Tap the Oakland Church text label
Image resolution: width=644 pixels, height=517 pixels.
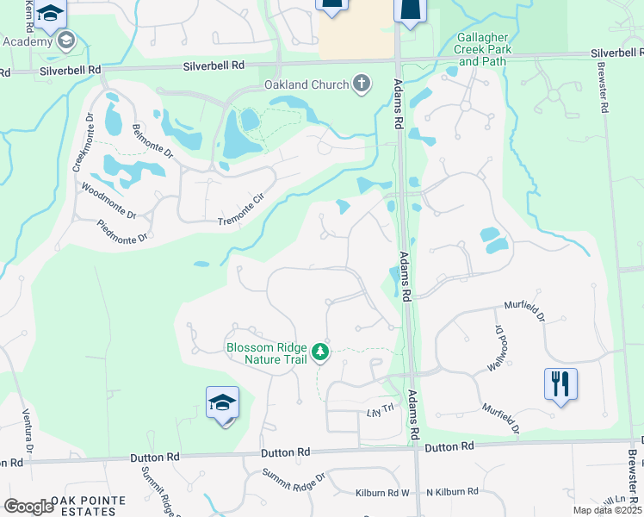(x=306, y=84)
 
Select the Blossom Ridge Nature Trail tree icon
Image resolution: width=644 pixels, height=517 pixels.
(x=320, y=352)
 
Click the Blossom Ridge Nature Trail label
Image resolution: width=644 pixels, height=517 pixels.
(x=267, y=353)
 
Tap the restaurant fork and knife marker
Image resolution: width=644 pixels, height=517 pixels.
(x=560, y=383)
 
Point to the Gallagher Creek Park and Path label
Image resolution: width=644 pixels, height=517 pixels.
(x=483, y=50)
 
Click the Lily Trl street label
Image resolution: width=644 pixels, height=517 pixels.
(x=379, y=408)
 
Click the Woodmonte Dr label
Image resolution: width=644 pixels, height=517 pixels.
(x=108, y=200)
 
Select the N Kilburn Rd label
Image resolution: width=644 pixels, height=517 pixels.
(x=454, y=491)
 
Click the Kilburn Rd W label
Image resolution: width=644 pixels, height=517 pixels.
(x=382, y=494)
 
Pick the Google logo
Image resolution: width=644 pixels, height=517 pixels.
(x=28, y=507)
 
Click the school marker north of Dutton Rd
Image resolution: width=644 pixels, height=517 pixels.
(x=222, y=403)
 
